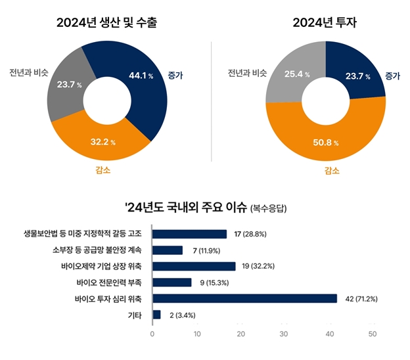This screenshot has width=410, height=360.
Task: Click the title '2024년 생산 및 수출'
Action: coord(106,24)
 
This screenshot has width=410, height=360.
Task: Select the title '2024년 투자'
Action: coord(325,24)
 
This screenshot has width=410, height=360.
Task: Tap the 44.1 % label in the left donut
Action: coord(141,76)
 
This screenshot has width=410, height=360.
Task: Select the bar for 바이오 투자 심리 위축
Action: coord(244,298)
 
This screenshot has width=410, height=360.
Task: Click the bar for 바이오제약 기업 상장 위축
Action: coord(194,266)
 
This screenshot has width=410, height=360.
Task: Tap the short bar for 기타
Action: coord(156,315)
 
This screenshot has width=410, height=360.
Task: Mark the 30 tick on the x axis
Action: coord(284,334)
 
